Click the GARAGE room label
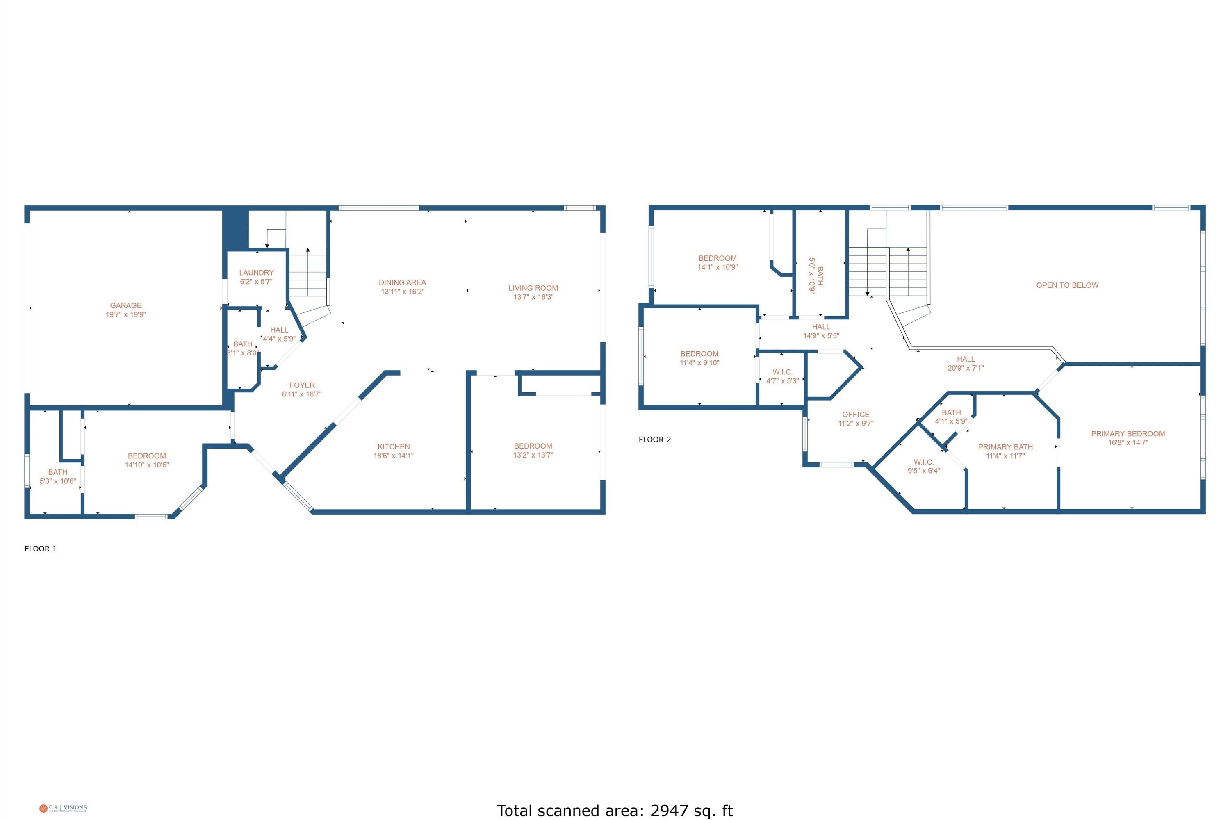point(125,305)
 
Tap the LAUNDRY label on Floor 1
point(256,273)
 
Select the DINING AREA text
point(402,282)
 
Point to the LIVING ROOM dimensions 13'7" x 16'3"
point(533,297)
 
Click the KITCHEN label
point(393,446)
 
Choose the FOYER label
point(302,385)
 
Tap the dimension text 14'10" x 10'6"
point(146,465)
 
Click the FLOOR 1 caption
point(40,549)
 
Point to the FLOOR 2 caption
point(654,439)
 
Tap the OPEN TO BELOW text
point(1067,285)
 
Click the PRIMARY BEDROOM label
point(1127,433)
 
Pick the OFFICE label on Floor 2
point(856,414)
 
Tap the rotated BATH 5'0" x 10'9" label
point(816,275)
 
